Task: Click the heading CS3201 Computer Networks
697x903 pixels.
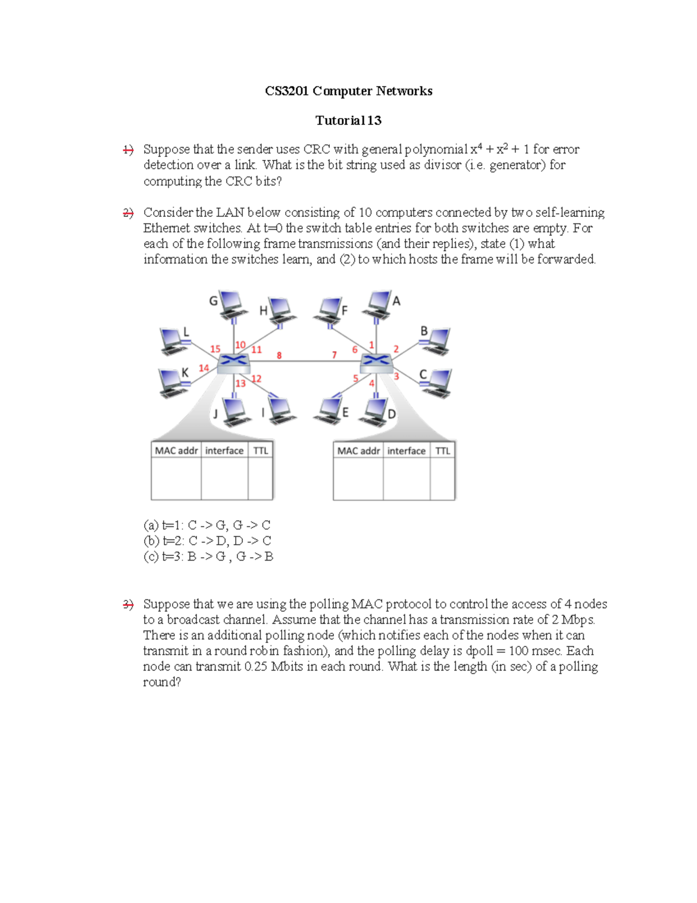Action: [348, 91]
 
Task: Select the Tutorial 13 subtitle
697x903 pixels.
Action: [348, 120]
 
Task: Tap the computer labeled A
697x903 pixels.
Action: [378, 305]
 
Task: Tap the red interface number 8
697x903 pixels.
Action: [279, 355]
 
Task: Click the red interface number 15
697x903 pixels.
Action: [215, 349]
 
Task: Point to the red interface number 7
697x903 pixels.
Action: [334, 355]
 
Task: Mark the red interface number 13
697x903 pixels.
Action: [240, 383]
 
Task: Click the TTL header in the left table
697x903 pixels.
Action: [261, 451]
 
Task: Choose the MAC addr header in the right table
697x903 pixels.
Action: [358, 451]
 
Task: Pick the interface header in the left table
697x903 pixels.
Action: [224, 451]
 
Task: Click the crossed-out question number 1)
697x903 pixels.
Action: [128, 150]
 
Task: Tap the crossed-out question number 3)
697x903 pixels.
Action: [128, 605]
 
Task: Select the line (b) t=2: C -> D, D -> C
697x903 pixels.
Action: [207, 541]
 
